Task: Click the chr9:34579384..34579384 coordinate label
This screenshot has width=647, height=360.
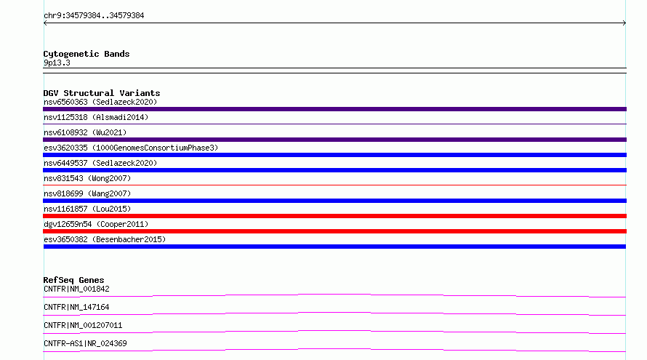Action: tap(94, 16)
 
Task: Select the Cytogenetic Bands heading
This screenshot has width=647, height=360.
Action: tap(87, 54)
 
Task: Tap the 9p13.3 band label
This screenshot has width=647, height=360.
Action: tap(57, 63)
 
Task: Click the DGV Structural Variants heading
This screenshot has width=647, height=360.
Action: tap(102, 93)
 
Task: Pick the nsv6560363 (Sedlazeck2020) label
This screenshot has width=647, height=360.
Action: tap(100, 102)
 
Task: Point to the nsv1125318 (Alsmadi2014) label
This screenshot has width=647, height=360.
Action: tap(96, 117)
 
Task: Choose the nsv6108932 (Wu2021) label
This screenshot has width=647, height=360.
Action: tap(85, 132)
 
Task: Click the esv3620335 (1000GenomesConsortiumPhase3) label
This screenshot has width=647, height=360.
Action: tap(131, 148)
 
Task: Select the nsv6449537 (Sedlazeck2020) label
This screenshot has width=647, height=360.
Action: tap(100, 163)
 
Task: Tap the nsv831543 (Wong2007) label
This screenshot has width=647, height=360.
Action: tap(87, 178)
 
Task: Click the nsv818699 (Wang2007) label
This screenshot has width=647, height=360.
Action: tap(87, 193)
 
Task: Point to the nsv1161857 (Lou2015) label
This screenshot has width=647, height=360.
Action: tap(87, 209)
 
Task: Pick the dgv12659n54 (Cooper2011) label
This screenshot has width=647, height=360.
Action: tap(96, 224)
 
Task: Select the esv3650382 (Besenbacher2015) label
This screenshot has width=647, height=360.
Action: tap(105, 239)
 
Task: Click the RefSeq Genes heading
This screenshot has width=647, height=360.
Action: tap(73, 280)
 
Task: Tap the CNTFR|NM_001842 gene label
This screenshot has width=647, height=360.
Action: tap(76, 289)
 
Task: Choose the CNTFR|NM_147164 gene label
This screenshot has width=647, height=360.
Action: tap(76, 307)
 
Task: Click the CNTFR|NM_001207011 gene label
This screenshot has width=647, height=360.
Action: tap(83, 325)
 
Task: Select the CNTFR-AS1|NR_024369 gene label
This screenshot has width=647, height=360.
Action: tap(85, 343)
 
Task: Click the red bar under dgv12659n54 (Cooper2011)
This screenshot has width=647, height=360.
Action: tap(334, 231)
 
